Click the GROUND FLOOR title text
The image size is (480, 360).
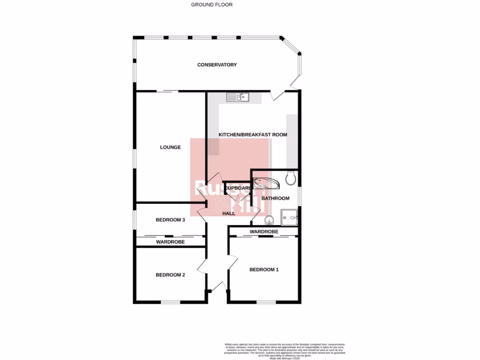click(x=212, y=5)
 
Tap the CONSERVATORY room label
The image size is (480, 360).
click(x=217, y=65)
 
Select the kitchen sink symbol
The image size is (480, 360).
click(x=238, y=97)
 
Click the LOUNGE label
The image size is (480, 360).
click(x=170, y=147)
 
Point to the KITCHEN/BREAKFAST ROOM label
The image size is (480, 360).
click(x=253, y=135)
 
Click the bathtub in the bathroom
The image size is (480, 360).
click(x=266, y=182)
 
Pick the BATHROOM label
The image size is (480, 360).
click(x=275, y=198)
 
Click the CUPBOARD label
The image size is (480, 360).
click(x=238, y=188)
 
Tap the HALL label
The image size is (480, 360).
click(x=229, y=213)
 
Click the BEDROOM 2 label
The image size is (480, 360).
click(x=170, y=275)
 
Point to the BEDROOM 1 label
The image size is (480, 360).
click(x=264, y=270)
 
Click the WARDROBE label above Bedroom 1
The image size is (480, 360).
click(x=264, y=232)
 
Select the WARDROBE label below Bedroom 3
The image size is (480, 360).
click(x=170, y=242)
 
